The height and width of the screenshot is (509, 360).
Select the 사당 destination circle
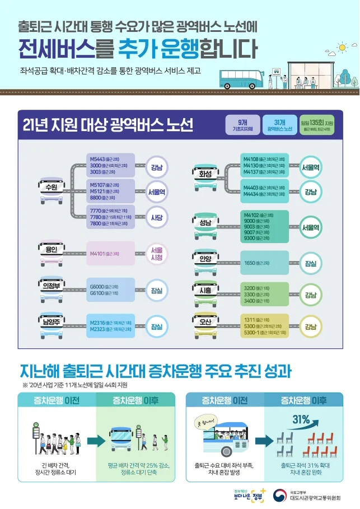point(156,217)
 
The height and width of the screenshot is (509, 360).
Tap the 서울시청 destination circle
point(156,254)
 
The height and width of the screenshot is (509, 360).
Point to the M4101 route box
point(111,254)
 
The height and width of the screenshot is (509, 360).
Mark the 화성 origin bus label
point(205,174)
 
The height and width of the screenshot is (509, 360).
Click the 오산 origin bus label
point(205,323)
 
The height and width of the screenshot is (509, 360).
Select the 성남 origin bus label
point(205,223)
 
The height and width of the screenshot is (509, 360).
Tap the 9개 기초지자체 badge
point(242,125)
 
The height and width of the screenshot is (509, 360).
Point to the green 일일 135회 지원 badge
point(317,125)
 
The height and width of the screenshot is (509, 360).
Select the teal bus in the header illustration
point(240,79)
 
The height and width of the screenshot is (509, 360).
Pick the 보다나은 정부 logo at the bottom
point(249,495)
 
